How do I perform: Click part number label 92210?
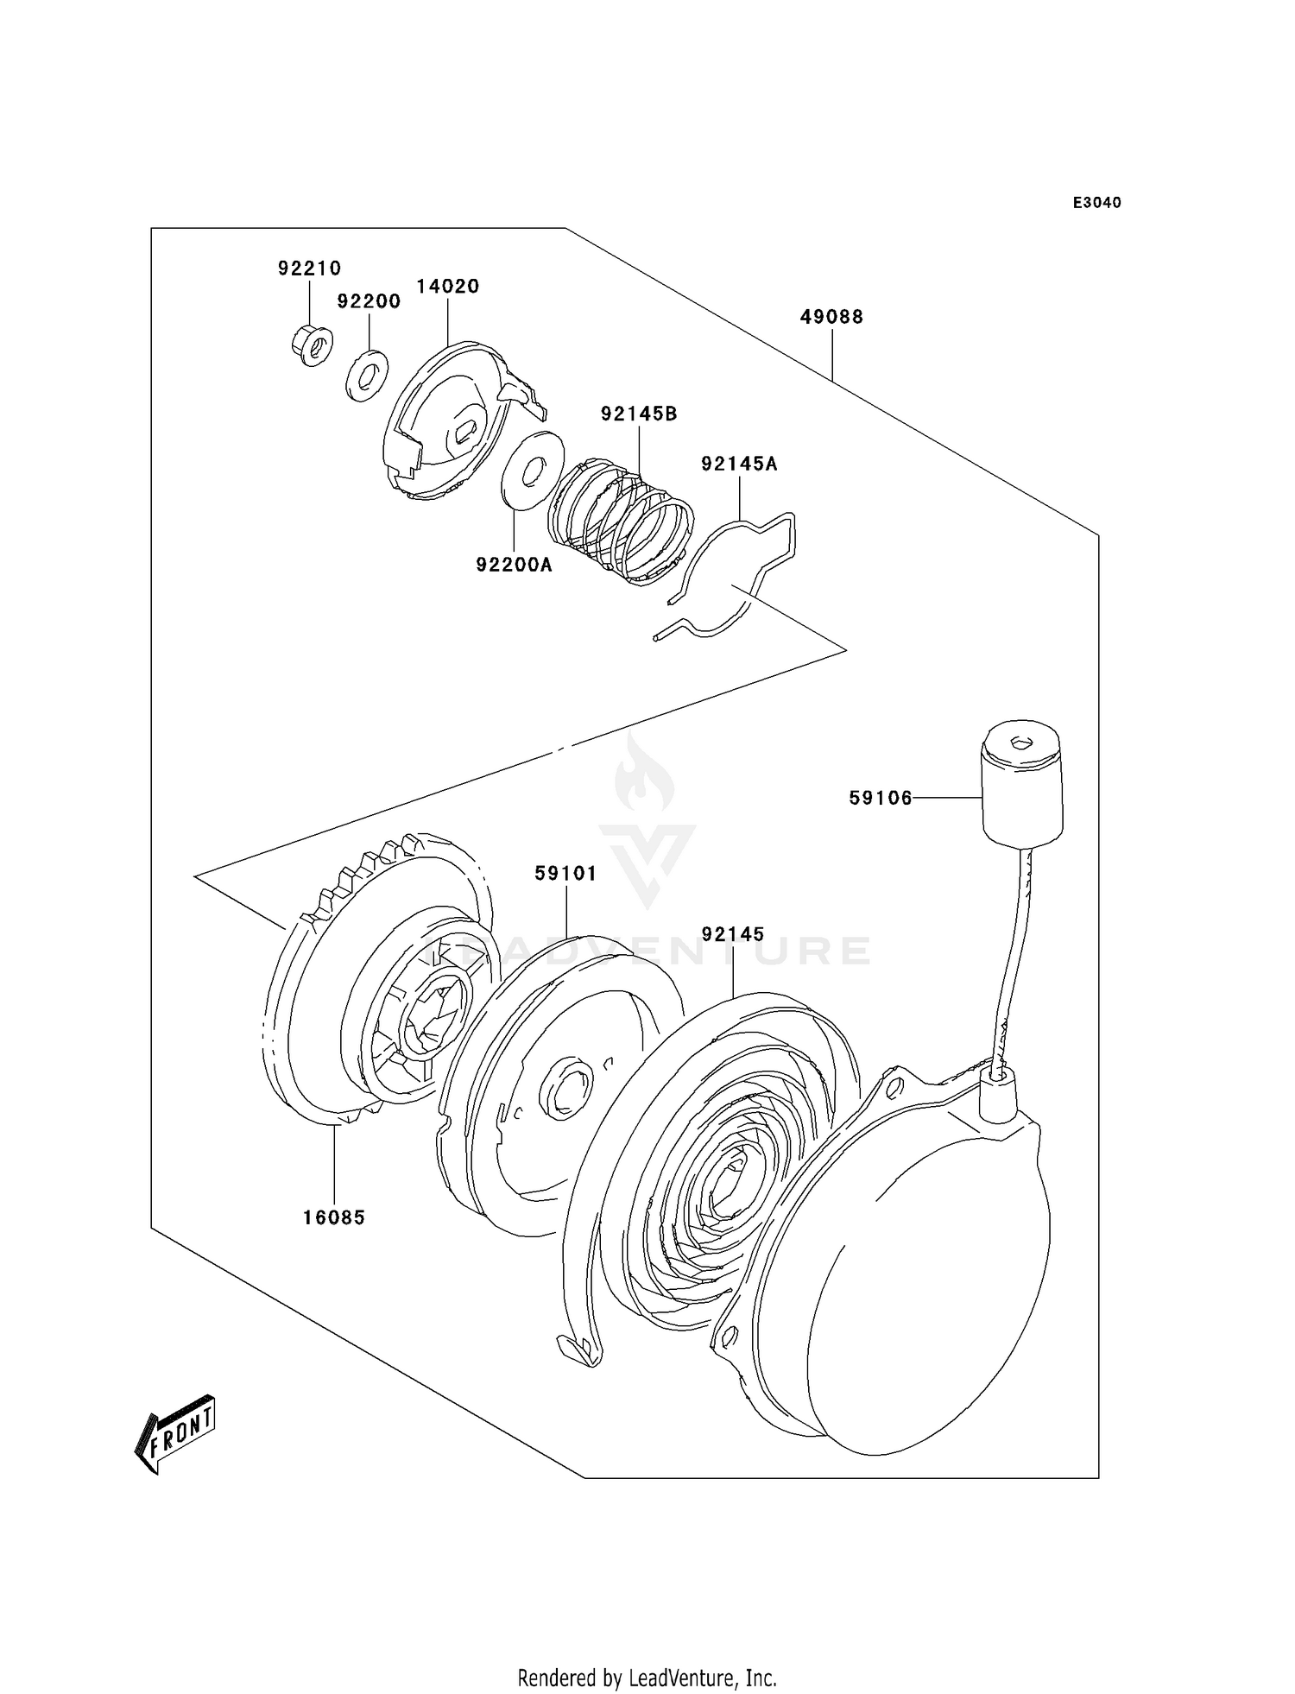tap(309, 269)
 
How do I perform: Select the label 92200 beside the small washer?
tap(369, 301)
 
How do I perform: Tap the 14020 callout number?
tap(447, 286)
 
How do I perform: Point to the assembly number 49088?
tap(831, 317)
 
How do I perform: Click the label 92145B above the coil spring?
tap(639, 414)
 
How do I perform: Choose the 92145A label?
tap(739, 465)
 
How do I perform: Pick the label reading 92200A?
tap(514, 566)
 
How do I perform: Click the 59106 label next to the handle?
tap(881, 799)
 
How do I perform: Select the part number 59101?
tap(565, 874)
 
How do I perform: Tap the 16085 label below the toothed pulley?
tap(333, 1218)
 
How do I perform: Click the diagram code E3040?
tap(1096, 203)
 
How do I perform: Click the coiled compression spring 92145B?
tap(620, 521)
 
